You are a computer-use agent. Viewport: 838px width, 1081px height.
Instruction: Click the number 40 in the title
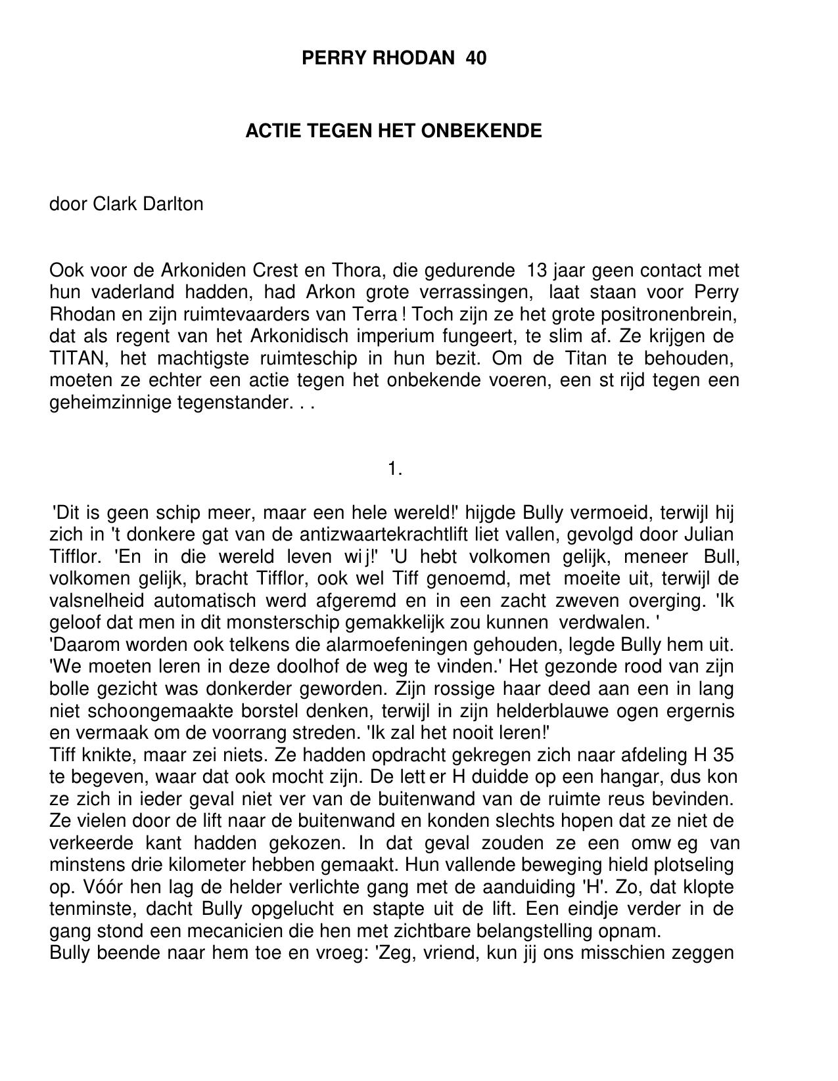(476, 58)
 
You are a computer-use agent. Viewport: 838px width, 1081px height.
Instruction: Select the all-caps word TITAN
(74, 359)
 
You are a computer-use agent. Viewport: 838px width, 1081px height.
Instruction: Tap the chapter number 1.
(394, 469)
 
